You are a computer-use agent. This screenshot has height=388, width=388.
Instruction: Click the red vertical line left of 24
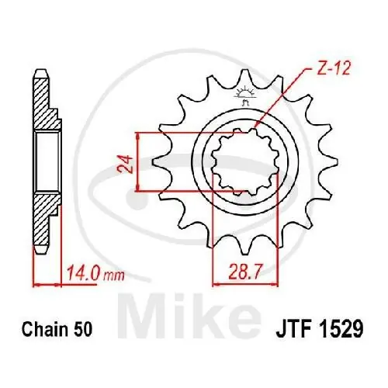point(137,161)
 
